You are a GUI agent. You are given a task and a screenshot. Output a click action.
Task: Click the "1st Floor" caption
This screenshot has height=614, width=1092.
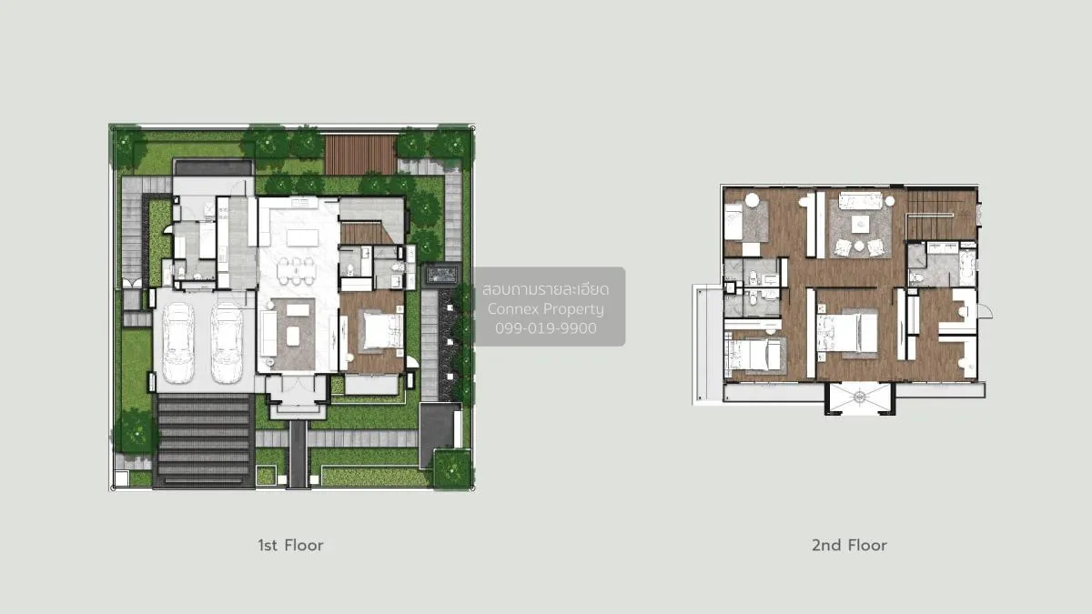click(290, 546)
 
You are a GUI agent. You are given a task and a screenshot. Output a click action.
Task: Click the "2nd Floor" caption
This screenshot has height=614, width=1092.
click(849, 546)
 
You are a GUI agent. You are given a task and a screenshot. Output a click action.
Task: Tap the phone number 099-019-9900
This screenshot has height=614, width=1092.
click(546, 328)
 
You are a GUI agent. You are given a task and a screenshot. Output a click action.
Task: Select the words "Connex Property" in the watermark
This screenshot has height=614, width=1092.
click(546, 309)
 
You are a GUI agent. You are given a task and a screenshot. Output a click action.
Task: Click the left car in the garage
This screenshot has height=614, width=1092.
click(177, 343)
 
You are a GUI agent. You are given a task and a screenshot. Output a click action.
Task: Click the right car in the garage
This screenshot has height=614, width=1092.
click(227, 343)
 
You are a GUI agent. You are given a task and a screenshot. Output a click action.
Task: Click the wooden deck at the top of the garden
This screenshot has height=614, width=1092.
click(360, 155)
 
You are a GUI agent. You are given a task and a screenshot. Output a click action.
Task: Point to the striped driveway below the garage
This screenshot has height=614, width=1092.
click(204, 440)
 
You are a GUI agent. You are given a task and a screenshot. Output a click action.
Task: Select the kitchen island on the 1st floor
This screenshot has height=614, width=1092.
click(301, 237)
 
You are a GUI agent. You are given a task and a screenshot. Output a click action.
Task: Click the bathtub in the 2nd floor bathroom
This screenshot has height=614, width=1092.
click(966, 270)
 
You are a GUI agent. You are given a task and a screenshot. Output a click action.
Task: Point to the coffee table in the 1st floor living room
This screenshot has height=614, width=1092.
click(293, 336)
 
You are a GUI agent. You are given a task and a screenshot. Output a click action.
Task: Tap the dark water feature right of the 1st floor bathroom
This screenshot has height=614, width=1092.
click(440, 275)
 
